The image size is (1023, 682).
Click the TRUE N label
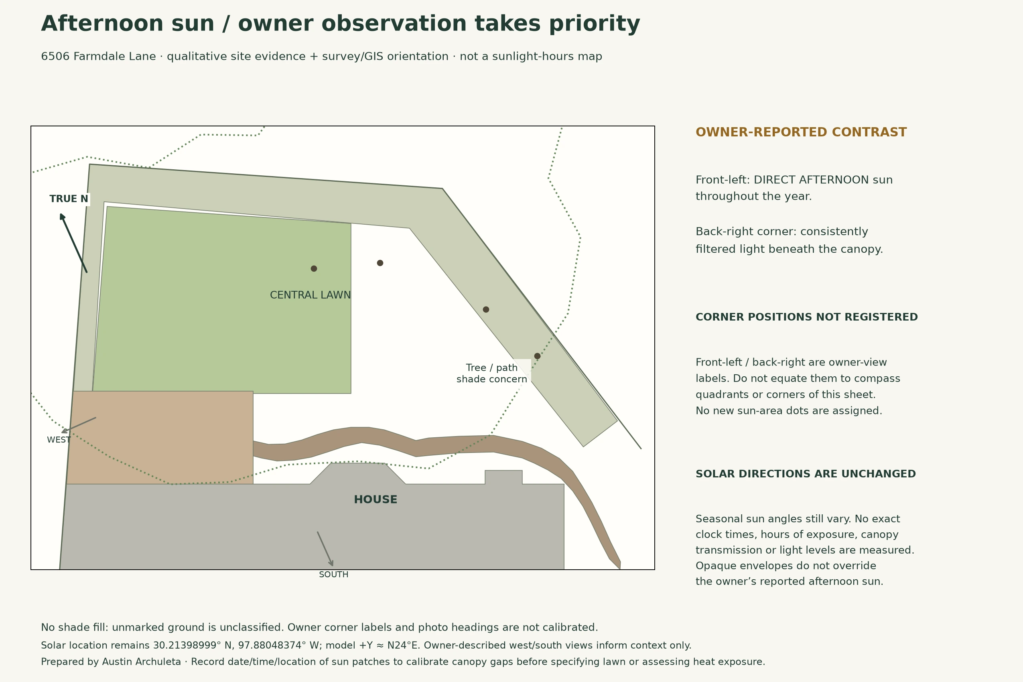click(69, 199)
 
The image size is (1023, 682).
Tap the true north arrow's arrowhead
click(62, 216)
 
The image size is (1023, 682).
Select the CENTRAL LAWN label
click(310, 295)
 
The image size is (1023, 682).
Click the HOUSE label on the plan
click(376, 500)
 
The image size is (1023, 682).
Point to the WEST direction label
click(59, 440)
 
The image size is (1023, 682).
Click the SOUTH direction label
click(334, 574)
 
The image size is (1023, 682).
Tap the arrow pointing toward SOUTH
click(325, 549)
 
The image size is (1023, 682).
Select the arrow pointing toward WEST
click(79, 425)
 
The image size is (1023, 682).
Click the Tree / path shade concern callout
click(491, 373)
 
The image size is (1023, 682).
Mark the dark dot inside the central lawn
click(314, 268)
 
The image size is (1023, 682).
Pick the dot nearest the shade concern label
click(537, 356)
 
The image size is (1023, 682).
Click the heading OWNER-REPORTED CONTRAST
click(801, 132)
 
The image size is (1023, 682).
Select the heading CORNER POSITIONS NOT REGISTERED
click(807, 317)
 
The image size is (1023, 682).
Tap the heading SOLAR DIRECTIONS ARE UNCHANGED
click(806, 474)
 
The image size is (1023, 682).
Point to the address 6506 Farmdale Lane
click(98, 57)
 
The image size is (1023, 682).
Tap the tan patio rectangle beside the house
click(160, 437)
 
